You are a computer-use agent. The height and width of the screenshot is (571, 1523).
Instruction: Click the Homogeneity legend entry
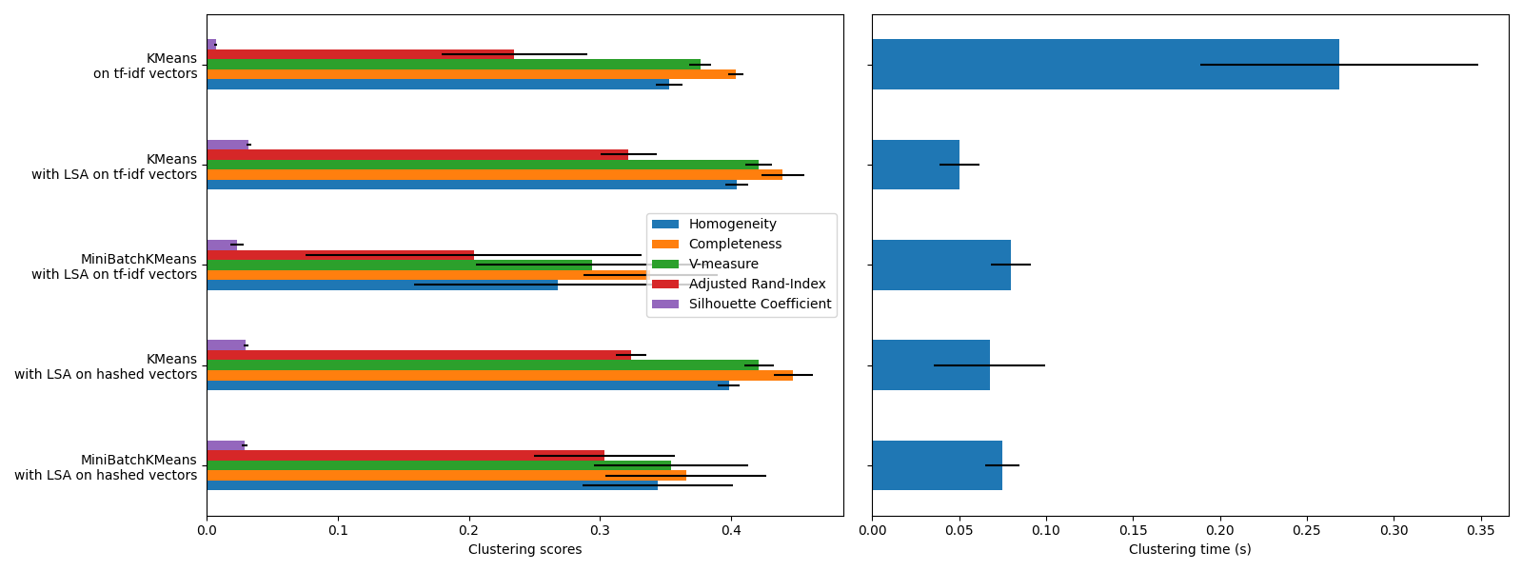732,225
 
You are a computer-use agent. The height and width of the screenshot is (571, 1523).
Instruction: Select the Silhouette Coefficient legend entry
760,305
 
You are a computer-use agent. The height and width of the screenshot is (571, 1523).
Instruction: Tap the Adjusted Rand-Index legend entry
757,285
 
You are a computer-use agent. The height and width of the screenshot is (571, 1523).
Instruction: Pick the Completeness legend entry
735,245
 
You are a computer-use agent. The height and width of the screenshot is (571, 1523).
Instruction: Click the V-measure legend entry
723,265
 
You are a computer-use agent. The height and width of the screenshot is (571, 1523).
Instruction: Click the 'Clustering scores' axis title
524,550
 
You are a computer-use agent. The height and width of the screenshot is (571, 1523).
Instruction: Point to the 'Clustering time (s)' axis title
1190,550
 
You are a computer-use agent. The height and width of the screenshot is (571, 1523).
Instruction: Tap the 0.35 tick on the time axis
1481,529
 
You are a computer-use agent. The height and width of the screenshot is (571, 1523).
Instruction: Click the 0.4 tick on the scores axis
731,529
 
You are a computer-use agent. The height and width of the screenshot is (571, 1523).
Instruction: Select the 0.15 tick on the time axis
1133,529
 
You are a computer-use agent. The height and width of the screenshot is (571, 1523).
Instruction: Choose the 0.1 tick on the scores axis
338,529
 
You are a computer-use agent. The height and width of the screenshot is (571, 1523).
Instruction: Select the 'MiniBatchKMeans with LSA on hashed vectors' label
106,467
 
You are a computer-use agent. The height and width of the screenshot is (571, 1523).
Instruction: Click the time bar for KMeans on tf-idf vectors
1105,65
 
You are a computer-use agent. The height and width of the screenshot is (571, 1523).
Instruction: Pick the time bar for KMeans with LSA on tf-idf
916,165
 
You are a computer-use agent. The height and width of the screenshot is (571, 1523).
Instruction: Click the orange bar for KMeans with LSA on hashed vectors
500,375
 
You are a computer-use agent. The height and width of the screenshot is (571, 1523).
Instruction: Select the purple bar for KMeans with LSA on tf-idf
227,145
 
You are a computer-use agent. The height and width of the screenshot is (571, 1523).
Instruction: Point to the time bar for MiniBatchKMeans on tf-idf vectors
941,265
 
